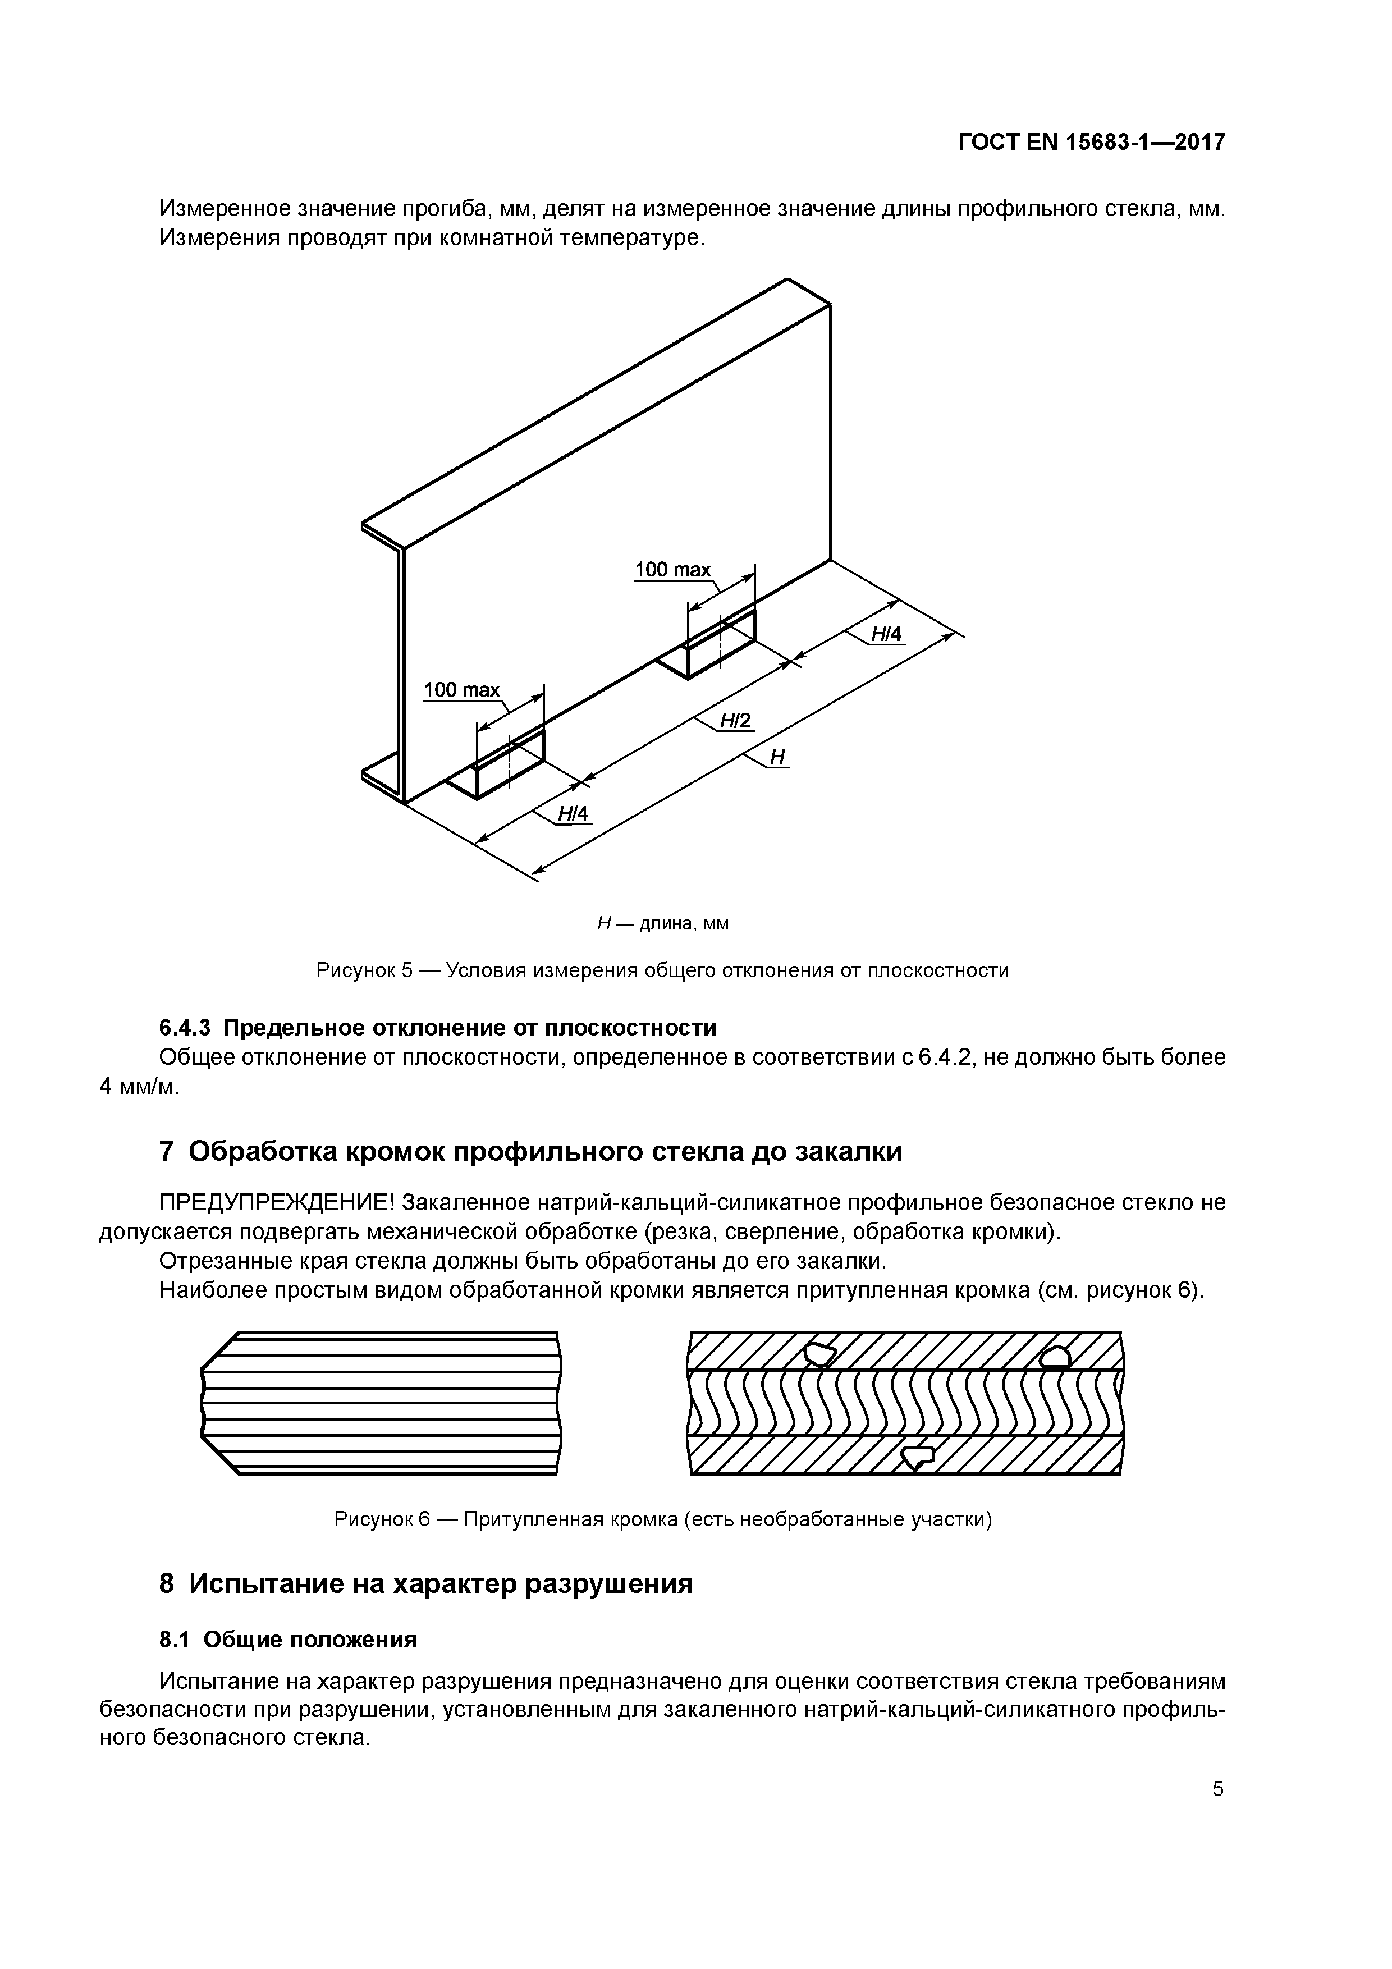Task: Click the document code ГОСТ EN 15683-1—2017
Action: pos(1091,143)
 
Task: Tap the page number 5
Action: pos(1218,1814)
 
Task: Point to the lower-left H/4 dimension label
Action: pos(574,813)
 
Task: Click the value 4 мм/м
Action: pos(139,1087)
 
